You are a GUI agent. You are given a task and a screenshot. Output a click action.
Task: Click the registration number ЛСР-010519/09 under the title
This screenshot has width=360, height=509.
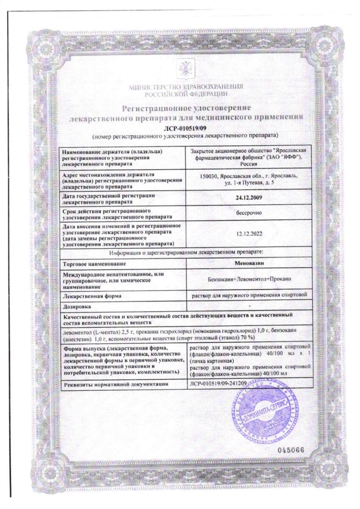pyautogui.click(x=186, y=128)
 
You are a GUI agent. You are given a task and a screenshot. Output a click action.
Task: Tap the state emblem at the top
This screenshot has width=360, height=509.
pyautogui.click(x=186, y=68)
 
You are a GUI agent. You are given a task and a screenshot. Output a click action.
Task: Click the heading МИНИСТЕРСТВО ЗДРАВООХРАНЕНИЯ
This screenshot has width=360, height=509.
pyautogui.click(x=186, y=87)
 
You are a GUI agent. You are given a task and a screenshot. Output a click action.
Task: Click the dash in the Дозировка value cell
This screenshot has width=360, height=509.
pyautogui.click(x=249, y=306)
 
